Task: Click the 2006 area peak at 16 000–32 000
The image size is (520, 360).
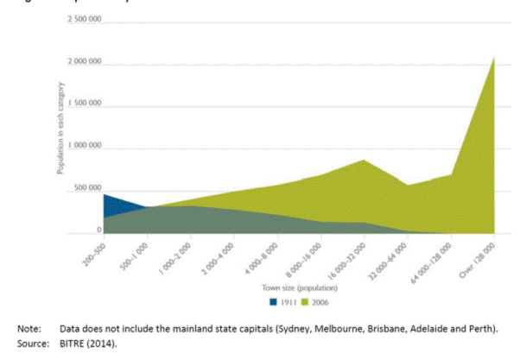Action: tap(364, 161)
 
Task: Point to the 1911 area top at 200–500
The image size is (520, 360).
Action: tap(105, 195)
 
